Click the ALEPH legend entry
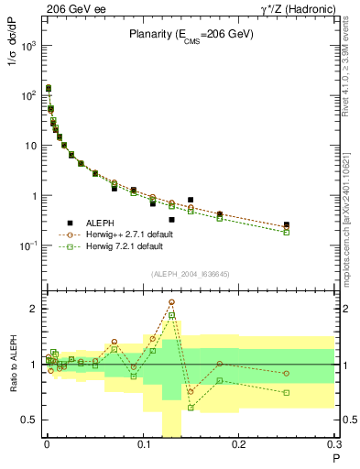click(x=105, y=223)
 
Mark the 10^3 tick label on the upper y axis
click(x=28, y=45)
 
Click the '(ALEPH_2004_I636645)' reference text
click(x=191, y=274)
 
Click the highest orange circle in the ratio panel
click(x=171, y=301)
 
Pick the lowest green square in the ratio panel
click(x=191, y=408)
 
